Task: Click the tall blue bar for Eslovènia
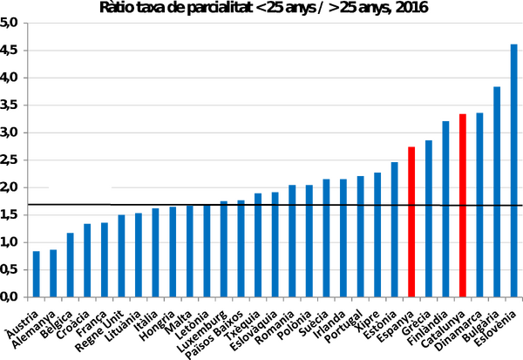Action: point(513,171)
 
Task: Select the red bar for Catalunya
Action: point(463,206)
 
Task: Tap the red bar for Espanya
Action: point(411,222)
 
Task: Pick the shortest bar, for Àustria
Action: point(36,274)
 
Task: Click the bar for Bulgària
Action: point(497,192)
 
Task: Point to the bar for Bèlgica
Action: point(70,265)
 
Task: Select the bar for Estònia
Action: point(395,229)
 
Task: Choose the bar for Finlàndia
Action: point(445,209)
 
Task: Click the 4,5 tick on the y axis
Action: point(9,51)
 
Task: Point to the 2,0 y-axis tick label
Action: point(9,187)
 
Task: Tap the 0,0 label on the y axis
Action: point(9,297)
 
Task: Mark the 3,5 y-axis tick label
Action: point(9,105)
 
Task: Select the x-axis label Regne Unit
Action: point(99,331)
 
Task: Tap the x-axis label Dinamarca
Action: point(458,330)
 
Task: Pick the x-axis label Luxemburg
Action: point(202,331)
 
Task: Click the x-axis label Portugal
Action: point(343,326)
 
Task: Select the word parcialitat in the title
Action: point(220,8)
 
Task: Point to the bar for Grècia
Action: point(429,219)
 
